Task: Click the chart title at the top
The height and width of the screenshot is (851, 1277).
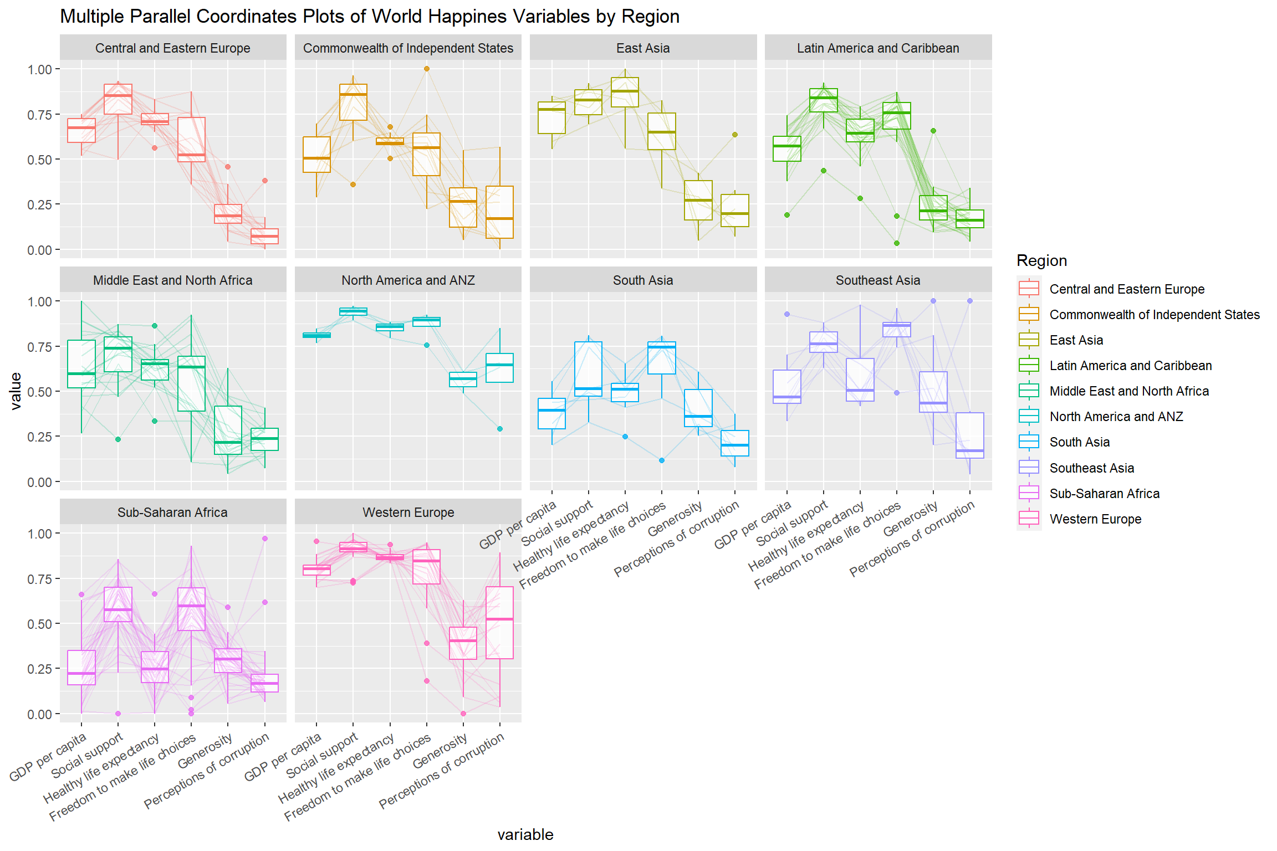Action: [370, 17]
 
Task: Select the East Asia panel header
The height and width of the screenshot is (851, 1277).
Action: [643, 48]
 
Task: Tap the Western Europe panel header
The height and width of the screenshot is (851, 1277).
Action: [408, 512]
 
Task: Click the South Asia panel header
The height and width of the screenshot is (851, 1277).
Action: [643, 280]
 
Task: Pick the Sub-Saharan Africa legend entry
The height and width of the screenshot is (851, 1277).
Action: [1104, 494]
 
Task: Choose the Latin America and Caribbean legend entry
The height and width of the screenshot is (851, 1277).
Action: [1130, 366]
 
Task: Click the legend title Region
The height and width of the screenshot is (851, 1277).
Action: [1041, 261]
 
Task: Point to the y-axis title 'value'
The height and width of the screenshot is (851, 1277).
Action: [16, 391]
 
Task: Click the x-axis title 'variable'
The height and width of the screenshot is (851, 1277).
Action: [525, 834]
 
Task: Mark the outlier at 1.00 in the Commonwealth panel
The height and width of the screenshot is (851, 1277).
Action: [427, 69]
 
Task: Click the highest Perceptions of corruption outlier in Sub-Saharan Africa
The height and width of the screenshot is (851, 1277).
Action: [265, 539]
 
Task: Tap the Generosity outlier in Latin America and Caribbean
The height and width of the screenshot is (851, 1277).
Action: [933, 131]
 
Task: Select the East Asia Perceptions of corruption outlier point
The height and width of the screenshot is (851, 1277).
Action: [735, 135]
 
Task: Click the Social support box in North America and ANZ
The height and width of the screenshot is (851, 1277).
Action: [353, 311]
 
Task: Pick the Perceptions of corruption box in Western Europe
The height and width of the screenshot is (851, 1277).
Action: [500, 622]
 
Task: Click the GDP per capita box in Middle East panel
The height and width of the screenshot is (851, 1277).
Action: [81, 364]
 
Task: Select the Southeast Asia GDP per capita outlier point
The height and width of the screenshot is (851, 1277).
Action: [787, 314]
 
